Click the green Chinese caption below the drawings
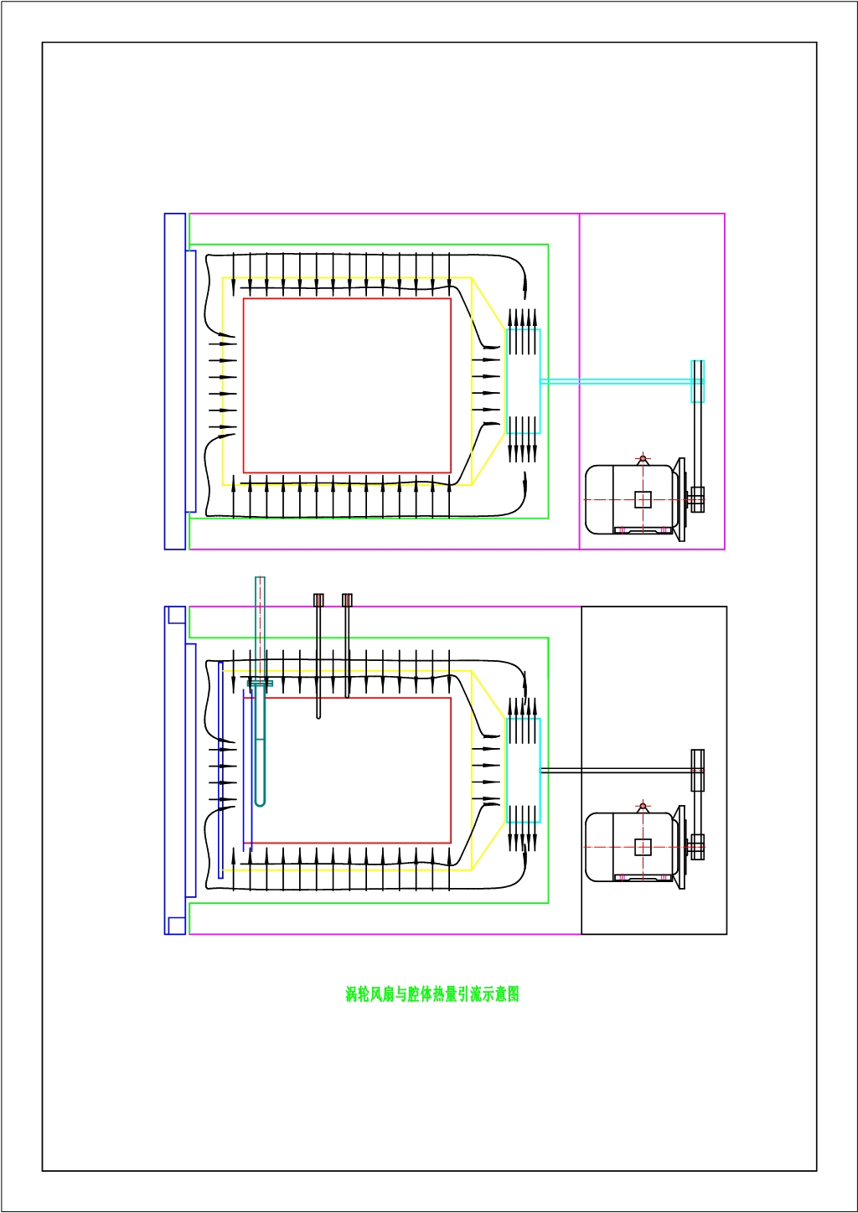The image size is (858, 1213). (432, 994)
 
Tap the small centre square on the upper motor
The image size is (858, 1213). (643, 499)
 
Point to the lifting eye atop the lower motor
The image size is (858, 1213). (643, 806)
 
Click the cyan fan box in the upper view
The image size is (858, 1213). (523, 381)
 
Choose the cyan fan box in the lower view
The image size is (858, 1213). (523, 770)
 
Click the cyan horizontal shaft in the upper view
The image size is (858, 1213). (616, 381)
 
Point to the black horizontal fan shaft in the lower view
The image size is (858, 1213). (616, 770)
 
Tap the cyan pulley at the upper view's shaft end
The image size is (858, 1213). (697, 381)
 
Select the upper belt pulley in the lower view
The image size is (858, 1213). (697, 770)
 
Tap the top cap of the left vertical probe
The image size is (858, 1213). (318, 600)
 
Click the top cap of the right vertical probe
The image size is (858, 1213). (347, 600)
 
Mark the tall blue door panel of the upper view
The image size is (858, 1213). (174, 381)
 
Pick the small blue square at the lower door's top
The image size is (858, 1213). (177, 615)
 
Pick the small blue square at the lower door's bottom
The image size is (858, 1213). (177, 926)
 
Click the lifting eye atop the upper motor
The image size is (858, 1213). (643, 459)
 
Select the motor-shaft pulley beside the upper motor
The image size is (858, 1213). (696, 499)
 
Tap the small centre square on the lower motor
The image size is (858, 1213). (643, 846)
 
